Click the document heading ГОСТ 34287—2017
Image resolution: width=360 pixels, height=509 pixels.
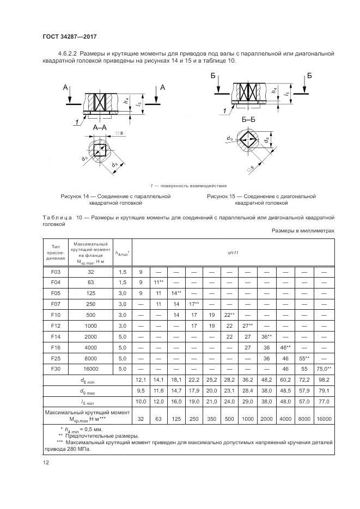coord(66,36)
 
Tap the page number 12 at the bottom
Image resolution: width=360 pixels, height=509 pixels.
coord(46,462)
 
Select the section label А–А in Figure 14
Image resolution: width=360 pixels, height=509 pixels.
coord(100,127)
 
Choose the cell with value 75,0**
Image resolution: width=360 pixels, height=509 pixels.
coord(325,369)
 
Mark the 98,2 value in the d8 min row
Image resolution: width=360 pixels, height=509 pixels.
coord(325,380)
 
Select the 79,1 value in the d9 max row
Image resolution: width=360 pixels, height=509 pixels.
coord(325,390)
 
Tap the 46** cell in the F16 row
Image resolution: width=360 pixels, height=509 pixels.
coord(285,347)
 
